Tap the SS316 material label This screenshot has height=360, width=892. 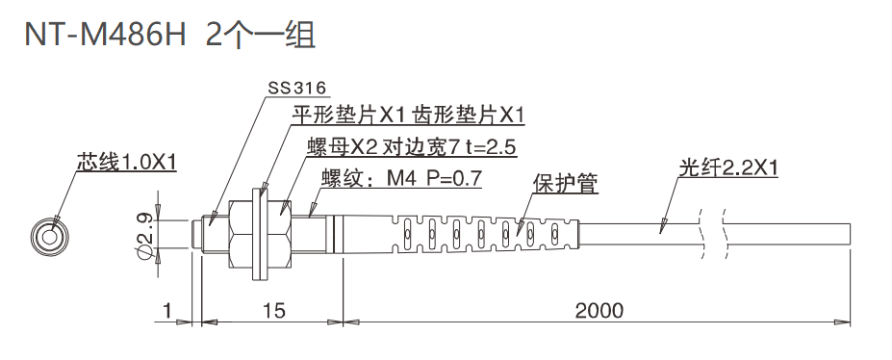point(297,88)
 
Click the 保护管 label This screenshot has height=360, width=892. point(565,182)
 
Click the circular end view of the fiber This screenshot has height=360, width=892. point(48,234)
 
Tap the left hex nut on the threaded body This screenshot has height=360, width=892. point(241,234)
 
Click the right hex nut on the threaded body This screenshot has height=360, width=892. point(279,234)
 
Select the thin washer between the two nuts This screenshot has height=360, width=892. point(260,234)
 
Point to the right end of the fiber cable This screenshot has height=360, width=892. point(848,234)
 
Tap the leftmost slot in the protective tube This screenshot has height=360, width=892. point(406,234)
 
